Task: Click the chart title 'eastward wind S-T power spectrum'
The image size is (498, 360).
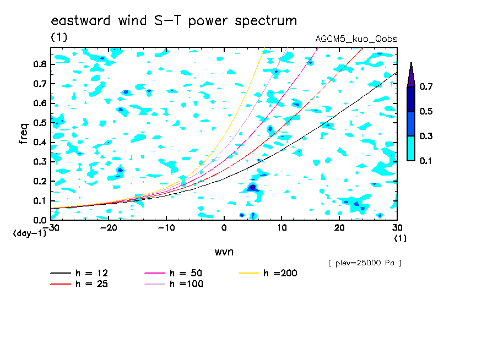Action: click(x=174, y=20)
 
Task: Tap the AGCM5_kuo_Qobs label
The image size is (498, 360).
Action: click(x=356, y=39)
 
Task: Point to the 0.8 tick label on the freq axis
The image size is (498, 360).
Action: click(x=40, y=64)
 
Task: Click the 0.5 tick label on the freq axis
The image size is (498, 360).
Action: click(x=40, y=123)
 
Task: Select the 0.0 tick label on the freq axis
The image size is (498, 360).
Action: click(x=40, y=220)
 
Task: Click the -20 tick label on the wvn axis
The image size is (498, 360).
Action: click(x=109, y=228)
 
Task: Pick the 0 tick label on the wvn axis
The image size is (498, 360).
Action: click(x=224, y=228)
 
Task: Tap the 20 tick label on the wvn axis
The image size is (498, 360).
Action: click(x=339, y=228)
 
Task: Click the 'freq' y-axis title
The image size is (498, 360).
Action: click(x=24, y=134)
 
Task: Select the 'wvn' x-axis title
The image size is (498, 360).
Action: click(x=224, y=252)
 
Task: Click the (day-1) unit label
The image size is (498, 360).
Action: click(x=29, y=233)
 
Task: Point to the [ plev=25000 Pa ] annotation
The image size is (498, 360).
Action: click(x=365, y=263)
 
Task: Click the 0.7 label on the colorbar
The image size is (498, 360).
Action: click(x=426, y=86)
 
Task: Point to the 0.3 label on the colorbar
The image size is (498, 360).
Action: click(x=426, y=136)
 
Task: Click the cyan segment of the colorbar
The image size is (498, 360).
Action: click(x=411, y=149)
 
